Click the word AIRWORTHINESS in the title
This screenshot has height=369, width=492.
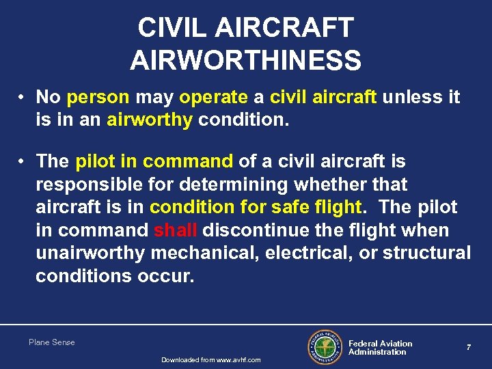point(245,60)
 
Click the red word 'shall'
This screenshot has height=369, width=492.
point(176,230)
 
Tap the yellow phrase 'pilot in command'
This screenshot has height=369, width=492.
point(154,161)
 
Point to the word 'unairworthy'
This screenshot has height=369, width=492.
point(90,253)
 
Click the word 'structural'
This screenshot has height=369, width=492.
point(427,253)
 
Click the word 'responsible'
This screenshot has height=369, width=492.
point(90,184)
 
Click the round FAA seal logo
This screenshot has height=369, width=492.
point(324,348)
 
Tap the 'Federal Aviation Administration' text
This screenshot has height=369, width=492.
point(380,348)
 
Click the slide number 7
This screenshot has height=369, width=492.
point(469,348)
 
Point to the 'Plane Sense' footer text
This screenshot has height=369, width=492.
point(52,342)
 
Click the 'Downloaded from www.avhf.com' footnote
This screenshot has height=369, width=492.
point(210,360)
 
